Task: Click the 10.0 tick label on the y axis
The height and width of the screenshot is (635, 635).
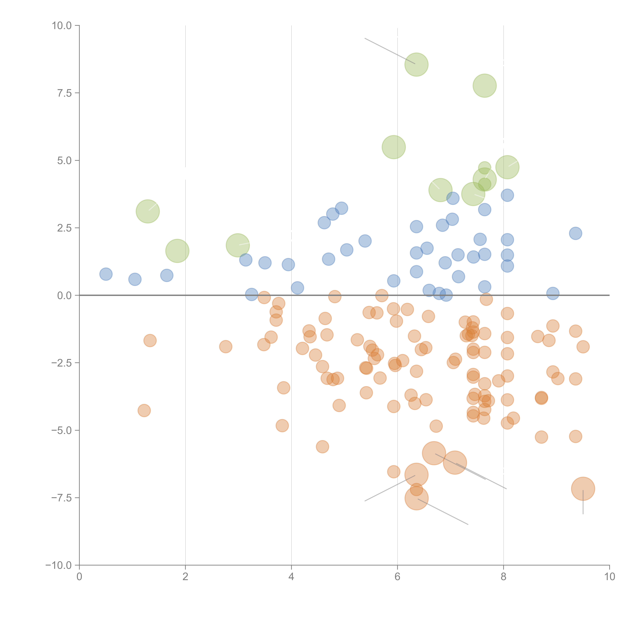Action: (62, 26)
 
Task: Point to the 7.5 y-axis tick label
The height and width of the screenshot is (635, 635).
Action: (64, 93)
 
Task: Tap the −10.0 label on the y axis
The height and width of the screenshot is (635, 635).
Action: (59, 565)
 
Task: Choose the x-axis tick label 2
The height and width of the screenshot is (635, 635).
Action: (185, 577)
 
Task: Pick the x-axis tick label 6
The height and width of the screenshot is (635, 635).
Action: (397, 577)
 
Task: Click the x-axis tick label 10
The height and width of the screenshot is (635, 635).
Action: (609, 577)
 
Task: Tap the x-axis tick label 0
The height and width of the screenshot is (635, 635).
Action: (79, 577)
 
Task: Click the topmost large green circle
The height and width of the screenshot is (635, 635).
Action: (416, 64)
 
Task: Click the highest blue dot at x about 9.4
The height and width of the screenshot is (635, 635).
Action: (575, 233)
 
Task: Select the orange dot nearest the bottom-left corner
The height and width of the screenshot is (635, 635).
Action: (144, 410)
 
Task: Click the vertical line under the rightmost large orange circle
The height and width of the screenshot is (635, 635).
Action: (583, 505)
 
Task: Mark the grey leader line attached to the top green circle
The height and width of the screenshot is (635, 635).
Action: (390, 51)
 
